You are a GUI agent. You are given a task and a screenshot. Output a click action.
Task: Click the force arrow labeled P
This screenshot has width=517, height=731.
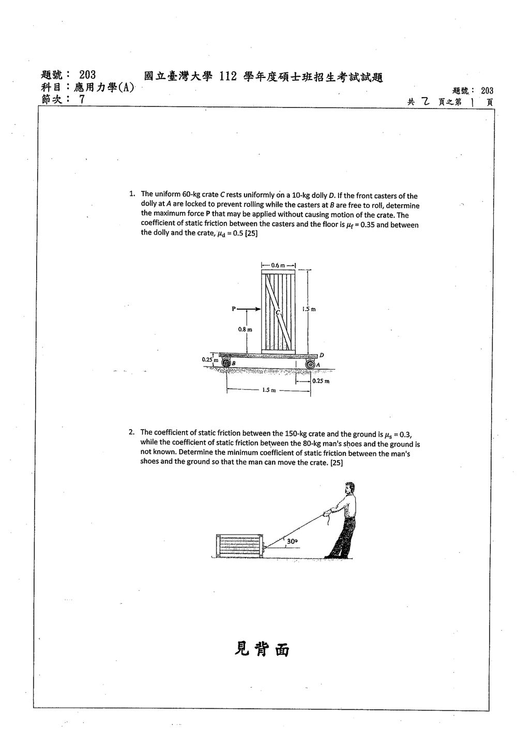[249, 309]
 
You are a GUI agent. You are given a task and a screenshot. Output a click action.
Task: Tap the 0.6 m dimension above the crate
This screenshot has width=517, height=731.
[278, 265]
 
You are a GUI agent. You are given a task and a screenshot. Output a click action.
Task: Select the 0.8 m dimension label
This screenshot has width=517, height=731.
[245, 329]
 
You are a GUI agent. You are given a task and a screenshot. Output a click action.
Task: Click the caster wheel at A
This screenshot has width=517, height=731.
[310, 364]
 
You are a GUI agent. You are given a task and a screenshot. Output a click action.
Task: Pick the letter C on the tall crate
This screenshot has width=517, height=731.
[278, 313]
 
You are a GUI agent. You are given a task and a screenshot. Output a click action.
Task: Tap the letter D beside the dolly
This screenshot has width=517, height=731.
[322, 355]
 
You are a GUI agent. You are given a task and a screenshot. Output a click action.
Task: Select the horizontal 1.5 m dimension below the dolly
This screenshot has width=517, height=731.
[269, 390]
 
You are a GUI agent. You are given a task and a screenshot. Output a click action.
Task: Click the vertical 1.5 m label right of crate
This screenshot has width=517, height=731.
[309, 309]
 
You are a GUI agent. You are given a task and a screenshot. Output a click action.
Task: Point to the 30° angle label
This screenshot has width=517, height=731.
[292, 541]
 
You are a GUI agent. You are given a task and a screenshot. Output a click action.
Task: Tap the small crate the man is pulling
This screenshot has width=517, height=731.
[239, 546]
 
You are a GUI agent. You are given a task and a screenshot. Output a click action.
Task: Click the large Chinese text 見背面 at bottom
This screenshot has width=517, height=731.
[262, 649]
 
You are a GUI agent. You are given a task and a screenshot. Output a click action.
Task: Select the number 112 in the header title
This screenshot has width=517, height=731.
[228, 77]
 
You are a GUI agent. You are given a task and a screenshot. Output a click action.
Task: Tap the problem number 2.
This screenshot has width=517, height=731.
[131, 432]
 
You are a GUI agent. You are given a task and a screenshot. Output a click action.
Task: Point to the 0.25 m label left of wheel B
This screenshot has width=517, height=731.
[209, 360]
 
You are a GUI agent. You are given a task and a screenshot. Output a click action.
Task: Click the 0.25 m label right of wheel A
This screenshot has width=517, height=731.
[321, 381]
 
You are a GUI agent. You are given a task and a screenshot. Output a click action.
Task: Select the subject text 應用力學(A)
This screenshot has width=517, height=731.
[104, 87]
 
